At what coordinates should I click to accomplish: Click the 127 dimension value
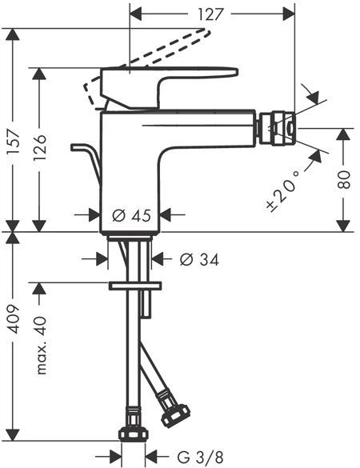click(211, 14)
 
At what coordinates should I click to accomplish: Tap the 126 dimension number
click(40, 148)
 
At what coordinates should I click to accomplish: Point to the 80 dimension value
click(344, 179)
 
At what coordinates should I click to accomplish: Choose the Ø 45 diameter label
click(131, 215)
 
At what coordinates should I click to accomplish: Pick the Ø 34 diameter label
click(199, 259)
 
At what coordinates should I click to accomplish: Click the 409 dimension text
click(14, 319)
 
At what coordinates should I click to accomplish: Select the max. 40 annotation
click(41, 345)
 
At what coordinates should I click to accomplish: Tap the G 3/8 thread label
click(200, 457)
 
